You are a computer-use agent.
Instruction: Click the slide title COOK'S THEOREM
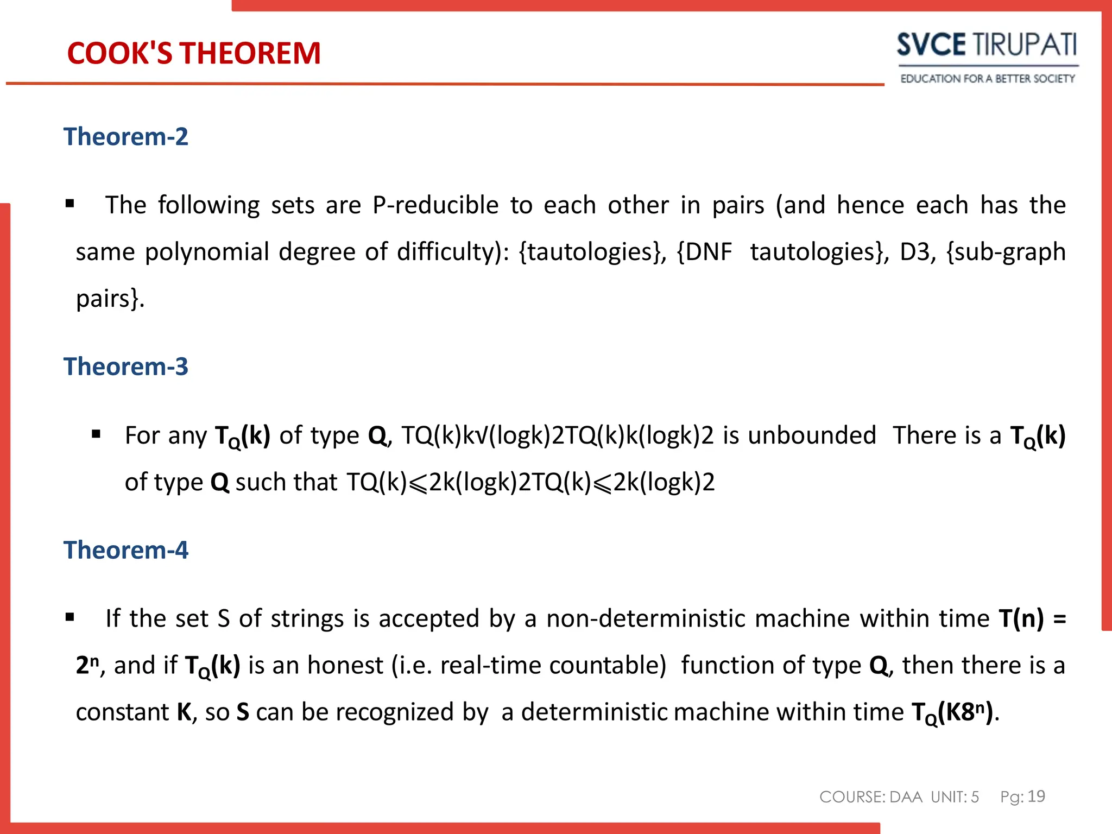[x=194, y=53]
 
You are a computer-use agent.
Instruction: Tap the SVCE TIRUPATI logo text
[x=987, y=45]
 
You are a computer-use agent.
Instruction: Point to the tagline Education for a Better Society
[x=987, y=79]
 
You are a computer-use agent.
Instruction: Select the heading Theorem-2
[x=126, y=136]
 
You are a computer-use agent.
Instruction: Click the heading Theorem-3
[x=126, y=367]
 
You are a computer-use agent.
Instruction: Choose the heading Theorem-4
[x=126, y=550]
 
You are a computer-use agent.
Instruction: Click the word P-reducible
[x=435, y=205]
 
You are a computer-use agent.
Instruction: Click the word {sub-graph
[x=1006, y=252]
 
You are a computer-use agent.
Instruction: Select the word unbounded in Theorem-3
[x=812, y=435]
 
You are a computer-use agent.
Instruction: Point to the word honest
[x=345, y=665]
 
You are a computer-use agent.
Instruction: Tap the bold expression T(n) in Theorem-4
[x=1021, y=618]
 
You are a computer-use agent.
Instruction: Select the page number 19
[x=1037, y=796]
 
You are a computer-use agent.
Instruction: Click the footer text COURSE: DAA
[x=871, y=797]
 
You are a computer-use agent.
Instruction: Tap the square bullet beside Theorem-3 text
[x=97, y=434]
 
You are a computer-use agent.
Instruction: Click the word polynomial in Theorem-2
[x=207, y=252]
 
